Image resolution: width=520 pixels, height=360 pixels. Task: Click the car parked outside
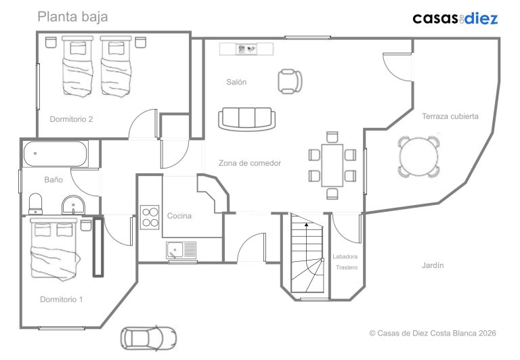(148, 338)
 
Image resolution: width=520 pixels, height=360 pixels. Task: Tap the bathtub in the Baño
(56, 154)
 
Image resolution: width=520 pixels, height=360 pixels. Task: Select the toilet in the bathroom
(35, 204)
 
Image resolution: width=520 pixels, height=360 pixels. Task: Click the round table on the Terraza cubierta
(419, 156)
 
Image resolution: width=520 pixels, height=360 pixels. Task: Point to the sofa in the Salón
(246, 118)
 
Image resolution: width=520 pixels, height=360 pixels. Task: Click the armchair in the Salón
(290, 81)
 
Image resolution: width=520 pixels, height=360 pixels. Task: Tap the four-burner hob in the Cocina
(150, 217)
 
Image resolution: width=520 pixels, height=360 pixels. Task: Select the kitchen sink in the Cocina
(181, 250)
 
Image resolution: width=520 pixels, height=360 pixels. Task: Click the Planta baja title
(72, 16)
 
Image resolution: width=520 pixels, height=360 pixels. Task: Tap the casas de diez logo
(455, 18)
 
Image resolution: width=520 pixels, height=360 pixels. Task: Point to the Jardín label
(433, 265)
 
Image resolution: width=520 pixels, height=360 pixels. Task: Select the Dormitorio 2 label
(71, 119)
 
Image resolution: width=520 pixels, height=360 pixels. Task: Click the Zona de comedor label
(250, 163)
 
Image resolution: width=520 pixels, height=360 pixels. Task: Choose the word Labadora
(345, 256)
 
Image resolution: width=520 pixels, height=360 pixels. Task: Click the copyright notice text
(433, 333)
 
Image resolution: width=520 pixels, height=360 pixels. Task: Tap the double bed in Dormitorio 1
(55, 248)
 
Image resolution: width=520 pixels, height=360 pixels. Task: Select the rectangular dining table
(332, 165)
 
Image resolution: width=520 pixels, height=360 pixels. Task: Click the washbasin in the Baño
(73, 205)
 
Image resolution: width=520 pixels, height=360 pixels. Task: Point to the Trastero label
(347, 267)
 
